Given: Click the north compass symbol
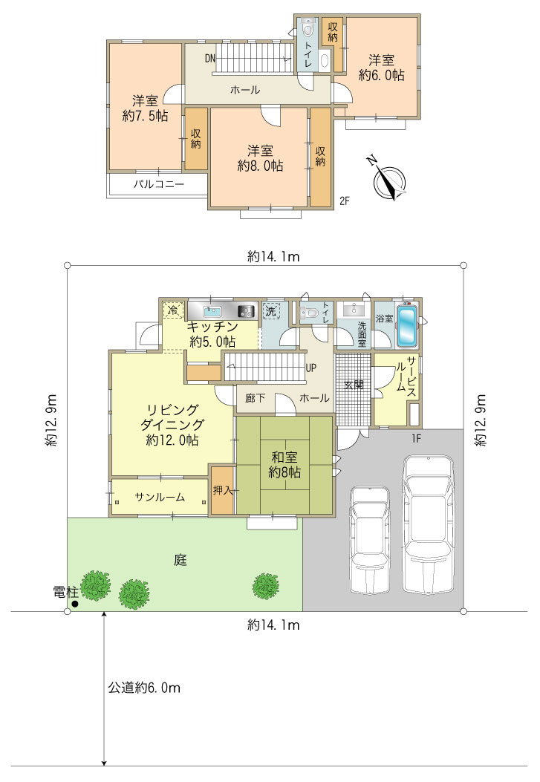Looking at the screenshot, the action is click(389, 180).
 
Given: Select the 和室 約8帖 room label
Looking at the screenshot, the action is click(284, 464).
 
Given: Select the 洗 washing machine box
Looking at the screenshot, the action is click(271, 310).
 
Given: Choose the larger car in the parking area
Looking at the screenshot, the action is click(429, 523).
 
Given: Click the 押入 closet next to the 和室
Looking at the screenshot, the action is click(222, 489).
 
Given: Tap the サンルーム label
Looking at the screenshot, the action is click(160, 497).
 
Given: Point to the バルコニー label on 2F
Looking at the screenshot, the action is click(158, 183).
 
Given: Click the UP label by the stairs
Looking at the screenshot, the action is click(310, 368).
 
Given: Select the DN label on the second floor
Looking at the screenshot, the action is click(210, 59).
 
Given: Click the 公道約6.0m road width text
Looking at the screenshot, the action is click(144, 688).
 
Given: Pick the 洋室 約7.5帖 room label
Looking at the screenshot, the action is click(145, 108).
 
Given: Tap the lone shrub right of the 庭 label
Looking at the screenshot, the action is click(266, 585).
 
